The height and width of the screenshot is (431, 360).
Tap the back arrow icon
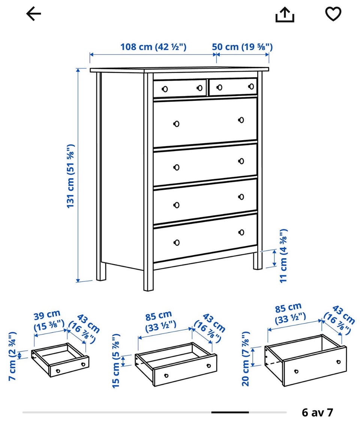[33, 14]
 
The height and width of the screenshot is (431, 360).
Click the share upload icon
[285, 15]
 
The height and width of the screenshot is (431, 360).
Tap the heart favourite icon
[333, 14]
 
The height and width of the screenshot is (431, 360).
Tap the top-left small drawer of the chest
[180, 88]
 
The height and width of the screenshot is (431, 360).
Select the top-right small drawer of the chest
[233, 87]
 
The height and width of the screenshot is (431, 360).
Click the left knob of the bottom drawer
[177, 242]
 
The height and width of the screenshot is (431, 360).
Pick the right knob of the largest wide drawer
[241, 120]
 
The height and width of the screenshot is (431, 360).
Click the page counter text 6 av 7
[317, 412]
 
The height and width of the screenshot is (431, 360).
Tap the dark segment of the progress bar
[230, 412]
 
